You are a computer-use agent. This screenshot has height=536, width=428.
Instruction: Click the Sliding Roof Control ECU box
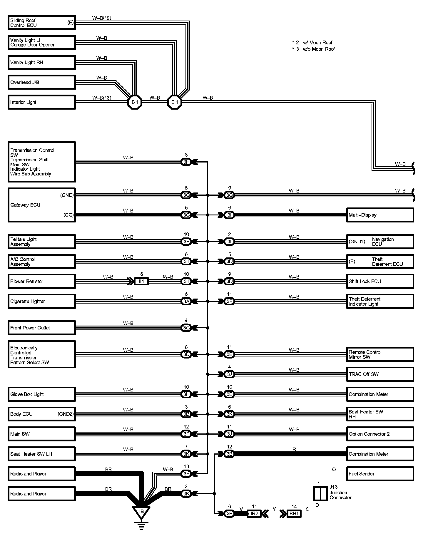[x=41, y=23]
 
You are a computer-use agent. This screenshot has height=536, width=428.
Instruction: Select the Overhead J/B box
[x=41, y=82]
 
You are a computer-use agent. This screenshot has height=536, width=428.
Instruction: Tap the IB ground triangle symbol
[x=141, y=512]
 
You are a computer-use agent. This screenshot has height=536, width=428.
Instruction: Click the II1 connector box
[x=141, y=282]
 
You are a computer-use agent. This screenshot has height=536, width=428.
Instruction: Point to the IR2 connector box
[x=254, y=514]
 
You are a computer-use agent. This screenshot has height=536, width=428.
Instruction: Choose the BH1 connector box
[x=294, y=514]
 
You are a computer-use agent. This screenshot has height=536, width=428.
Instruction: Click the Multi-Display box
[x=380, y=215]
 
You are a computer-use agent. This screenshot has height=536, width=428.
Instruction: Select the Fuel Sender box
[x=380, y=474]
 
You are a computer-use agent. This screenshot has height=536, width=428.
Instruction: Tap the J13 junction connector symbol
[x=320, y=494]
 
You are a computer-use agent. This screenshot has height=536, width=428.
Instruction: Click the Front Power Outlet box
[x=41, y=328]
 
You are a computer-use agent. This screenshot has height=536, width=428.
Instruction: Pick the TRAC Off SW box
[x=380, y=374]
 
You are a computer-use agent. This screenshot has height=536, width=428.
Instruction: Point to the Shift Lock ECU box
[x=380, y=282]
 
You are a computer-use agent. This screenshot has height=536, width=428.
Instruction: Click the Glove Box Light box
[x=41, y=394]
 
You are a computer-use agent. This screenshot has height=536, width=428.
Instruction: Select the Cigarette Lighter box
[x=41, y=301]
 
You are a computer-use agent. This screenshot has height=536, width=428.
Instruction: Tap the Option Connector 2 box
[x=380, y=434]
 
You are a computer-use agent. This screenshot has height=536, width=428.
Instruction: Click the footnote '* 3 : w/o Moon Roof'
[x=313, y=49]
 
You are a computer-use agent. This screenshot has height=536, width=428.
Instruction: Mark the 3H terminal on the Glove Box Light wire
[x=186, y=394]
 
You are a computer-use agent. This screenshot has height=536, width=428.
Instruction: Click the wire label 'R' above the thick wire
[x=294, y=449]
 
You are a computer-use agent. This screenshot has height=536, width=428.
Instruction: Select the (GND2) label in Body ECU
[x=66, y=414]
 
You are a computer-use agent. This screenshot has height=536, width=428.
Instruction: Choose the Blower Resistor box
[x=41, y=282]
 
